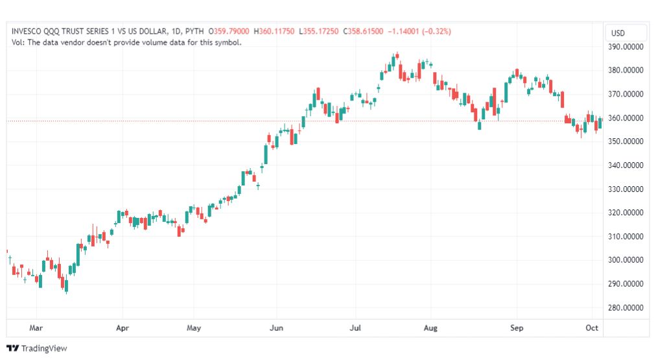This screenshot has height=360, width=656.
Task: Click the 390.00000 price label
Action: [x=624, y=47]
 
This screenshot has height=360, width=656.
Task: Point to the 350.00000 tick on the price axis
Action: [x=624, y=141]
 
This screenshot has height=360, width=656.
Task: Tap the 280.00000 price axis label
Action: [x=624, y=307]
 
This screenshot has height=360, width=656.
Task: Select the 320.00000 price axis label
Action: [x=624, y=213]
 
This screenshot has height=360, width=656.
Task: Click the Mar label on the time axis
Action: [x=36, y=328]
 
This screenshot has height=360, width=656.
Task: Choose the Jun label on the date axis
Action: [x=276, y=328]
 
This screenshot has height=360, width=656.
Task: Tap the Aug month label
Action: [x=430, y=328]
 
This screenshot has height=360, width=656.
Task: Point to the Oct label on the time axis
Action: [x=592, y=328]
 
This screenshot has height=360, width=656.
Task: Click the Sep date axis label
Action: [x=517, y=328]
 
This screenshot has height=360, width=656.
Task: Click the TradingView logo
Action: [x=36, y=348]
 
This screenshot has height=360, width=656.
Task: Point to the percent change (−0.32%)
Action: [x=436, y=31]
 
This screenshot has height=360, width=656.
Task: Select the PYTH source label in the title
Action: [x=194, y=31]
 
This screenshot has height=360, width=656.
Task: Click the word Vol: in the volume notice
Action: [x=19, y=42]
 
